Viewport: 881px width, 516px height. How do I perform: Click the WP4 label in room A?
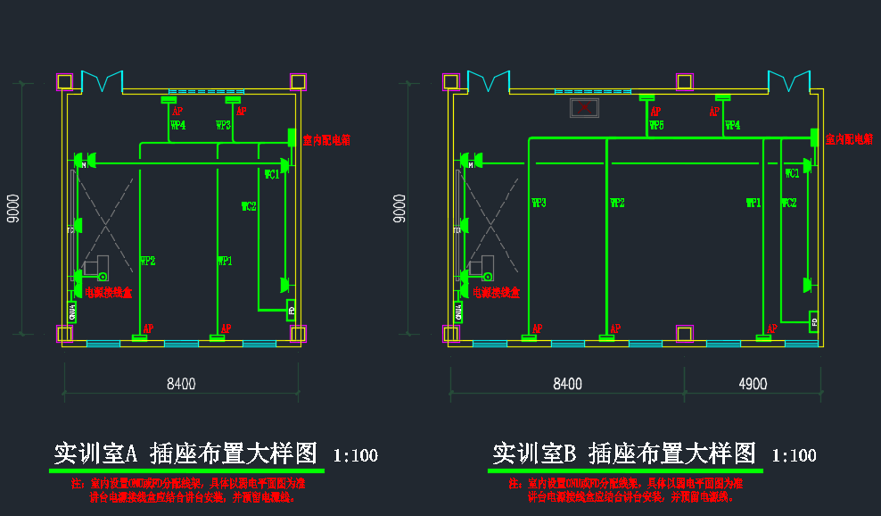(x=178, y=126)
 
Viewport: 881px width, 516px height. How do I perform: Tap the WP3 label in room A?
(x=224, y=126)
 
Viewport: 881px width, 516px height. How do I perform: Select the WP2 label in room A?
(x=148, y=262)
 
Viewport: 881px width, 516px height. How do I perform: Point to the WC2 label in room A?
(x=249, y=207)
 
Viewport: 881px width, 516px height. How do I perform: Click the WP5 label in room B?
(x=656, y=126)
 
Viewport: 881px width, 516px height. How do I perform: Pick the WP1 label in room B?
(x=753, y=204)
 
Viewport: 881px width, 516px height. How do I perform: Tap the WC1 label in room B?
(x=792, y=174)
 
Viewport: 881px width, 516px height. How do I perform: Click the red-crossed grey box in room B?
(x=584, y=109)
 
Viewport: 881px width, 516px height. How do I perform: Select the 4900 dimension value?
(x=753, y=384)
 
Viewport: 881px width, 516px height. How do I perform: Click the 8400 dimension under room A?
(x=182, y=384)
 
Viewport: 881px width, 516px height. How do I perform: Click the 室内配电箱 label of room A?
(x=326, y=140)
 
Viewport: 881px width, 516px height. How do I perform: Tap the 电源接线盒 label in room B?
(x=497, y=292)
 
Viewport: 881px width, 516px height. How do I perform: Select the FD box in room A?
(x=292, y=312)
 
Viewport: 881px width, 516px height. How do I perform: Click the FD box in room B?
(x=813, y=321)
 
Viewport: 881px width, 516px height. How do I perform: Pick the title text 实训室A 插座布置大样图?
(x=185, y=454)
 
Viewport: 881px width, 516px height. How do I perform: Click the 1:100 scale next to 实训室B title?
(x=794, y=455)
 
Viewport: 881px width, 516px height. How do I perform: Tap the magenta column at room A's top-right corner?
(x=298, y=81)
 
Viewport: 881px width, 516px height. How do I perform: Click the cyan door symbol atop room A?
(x=101, y=82)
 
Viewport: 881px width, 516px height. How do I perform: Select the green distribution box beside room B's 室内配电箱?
(x=814, y=138)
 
